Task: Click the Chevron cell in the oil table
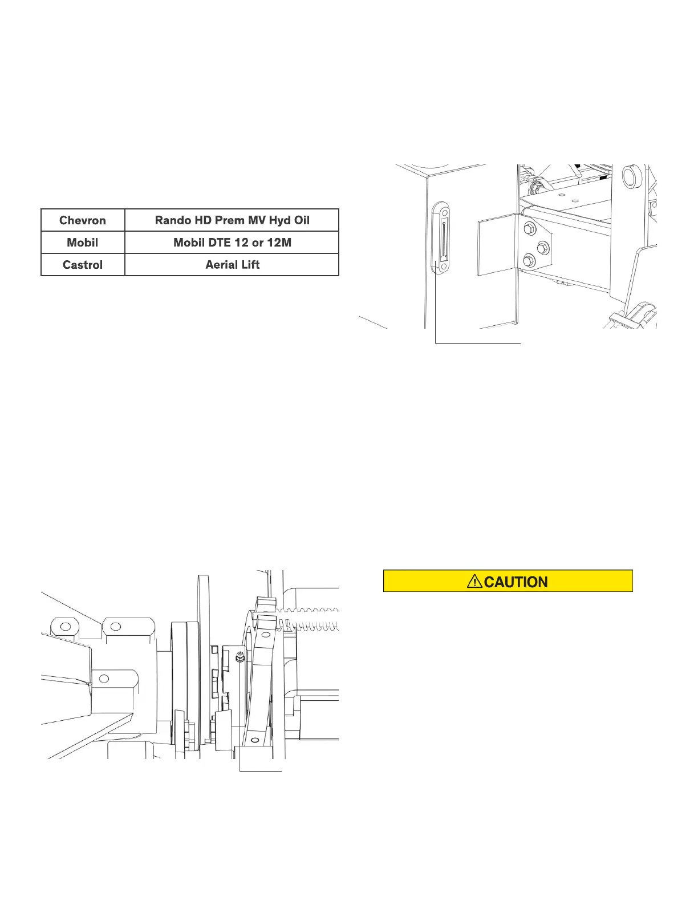coord(83,220)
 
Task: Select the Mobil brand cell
coord(83,243)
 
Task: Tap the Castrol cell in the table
coord(83,265)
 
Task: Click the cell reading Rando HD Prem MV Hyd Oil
coord(232,220)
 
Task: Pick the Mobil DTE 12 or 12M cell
coord(232,243)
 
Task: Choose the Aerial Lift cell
coord(232,265)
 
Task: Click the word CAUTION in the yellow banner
coord(516,582)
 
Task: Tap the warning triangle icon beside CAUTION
coord(474,582)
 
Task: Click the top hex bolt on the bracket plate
coord(528,229)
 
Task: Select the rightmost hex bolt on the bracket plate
coord(543,247)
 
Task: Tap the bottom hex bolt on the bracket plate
coord(528,262)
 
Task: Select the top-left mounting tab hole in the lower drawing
coord(64,626)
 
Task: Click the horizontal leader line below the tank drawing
coord(478,343)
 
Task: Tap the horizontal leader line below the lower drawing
coord(261,771)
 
